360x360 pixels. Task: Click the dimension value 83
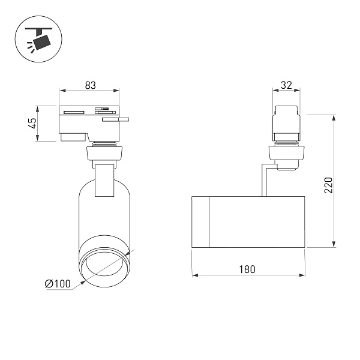pos(90,85)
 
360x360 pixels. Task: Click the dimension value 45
pos(34,123)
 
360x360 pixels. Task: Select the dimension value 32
pos(286,85)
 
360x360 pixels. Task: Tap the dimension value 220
pos(329,185)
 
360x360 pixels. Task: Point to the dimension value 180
pos(247,269)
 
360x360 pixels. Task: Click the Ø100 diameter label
pos(58,284)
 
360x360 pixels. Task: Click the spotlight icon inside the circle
pos(39,39)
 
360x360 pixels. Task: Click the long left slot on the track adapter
pos(74,113)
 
